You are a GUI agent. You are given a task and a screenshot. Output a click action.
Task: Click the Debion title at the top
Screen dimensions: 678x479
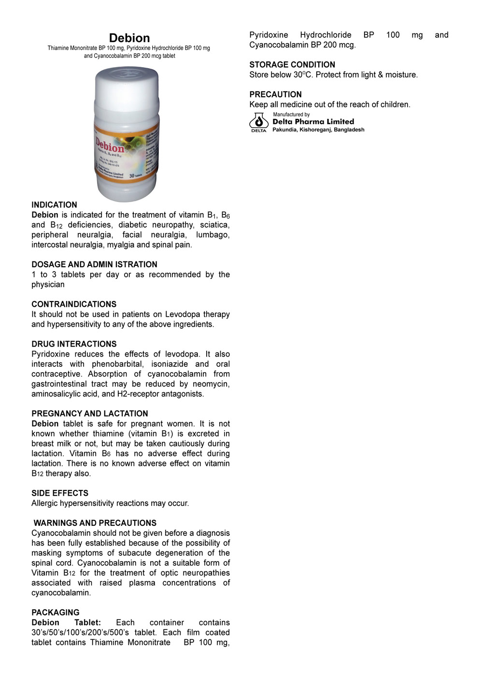pos(129,38)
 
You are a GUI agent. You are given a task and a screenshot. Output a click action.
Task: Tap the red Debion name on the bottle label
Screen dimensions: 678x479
pos(110,145)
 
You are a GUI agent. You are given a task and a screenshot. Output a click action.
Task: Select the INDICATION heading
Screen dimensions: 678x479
pos(54,205)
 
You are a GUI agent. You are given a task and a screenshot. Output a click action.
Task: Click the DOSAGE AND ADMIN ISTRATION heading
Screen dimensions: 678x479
pos(94,264)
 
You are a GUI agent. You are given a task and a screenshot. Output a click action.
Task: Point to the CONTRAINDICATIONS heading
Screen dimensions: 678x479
pos(74,304)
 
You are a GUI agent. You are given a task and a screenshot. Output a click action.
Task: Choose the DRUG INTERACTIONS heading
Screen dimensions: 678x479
pos(74,344)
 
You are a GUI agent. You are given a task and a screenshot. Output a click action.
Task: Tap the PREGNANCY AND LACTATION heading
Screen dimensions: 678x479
pos(90,414)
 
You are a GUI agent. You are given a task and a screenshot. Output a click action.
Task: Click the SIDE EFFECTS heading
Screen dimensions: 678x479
pos(60,493)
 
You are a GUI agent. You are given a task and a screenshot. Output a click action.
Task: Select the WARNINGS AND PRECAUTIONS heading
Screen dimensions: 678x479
pos(95,523)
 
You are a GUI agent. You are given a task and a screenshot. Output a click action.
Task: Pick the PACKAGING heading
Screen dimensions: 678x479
pos(56,612)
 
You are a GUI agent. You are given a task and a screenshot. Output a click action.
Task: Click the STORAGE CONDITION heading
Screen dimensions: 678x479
pos(292,65)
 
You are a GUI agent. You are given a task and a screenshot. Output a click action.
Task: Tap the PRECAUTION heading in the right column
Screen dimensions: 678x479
pos(275,95)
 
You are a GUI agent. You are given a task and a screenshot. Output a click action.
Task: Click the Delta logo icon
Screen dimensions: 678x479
pos(258,122)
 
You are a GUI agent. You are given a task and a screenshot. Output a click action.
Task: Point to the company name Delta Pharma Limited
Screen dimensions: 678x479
pos(313,122)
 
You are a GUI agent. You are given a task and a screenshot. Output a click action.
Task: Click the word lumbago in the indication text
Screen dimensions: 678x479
pos(212,235)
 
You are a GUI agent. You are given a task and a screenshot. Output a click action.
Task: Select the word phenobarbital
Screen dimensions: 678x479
pos(117,364)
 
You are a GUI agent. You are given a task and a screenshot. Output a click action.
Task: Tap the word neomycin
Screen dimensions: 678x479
pos(211,384)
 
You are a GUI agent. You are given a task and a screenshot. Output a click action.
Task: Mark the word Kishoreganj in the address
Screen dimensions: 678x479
pos(315,130)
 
